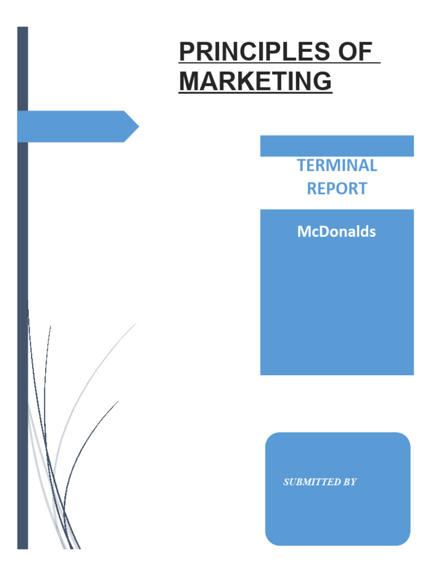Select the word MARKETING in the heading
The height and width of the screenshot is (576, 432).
point(255,81)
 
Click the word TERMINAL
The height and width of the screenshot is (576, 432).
point(337,165)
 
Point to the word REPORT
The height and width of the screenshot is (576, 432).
point(337,188)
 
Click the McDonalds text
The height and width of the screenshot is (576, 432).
point(336,232)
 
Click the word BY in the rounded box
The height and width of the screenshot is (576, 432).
point(349,482)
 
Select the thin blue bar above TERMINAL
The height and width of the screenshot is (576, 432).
point(337,146)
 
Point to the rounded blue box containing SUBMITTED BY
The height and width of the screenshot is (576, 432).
point(337,517)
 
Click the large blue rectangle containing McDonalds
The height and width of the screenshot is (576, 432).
point(337,304)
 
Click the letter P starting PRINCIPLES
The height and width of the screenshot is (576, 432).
point(186,53)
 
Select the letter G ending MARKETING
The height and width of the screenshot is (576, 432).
point(322,81)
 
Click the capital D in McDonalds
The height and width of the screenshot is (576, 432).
point(321,232)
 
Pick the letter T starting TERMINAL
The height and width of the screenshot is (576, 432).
point(301,165)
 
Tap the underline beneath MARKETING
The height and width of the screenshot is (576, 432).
point(255,93)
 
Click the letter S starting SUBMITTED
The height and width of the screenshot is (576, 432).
point(286,482)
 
